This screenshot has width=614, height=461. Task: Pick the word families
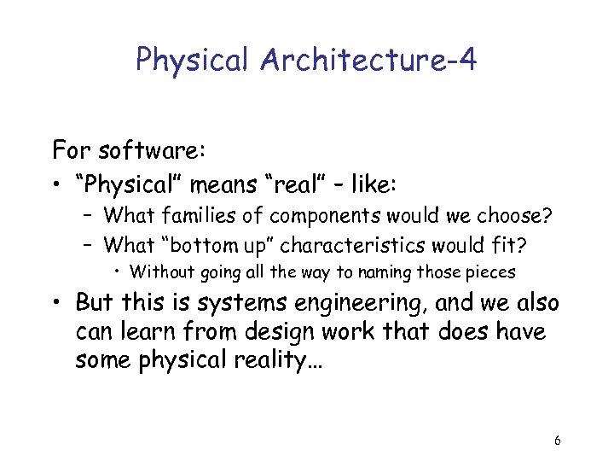click(x=189, y=215)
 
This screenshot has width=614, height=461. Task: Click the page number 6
click(x=557, y=441)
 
